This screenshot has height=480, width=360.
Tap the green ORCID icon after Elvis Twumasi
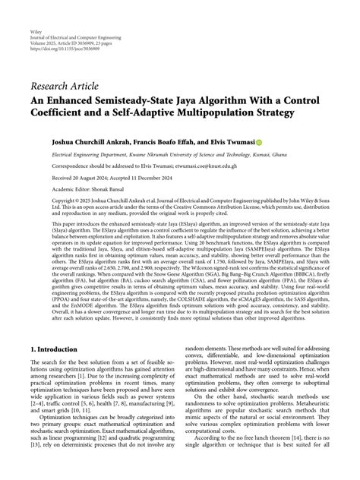point(258,142)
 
